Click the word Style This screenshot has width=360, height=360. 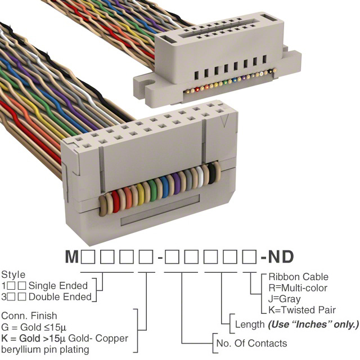pyautogui.click(x=13, y=275)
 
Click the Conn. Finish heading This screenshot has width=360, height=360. pyautogui.click(x=29, y=316)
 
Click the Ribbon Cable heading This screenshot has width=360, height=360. pyautogui.click(x=298, y=277)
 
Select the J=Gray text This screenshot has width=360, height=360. pyautogui.click(x=285, y=299)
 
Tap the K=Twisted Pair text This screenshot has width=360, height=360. pyautogui.click(x=302, y=309)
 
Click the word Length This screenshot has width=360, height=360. pyautogui.click(x=249, y=325)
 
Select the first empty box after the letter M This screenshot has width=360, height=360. pyautogui.click(x=88, y=258)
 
